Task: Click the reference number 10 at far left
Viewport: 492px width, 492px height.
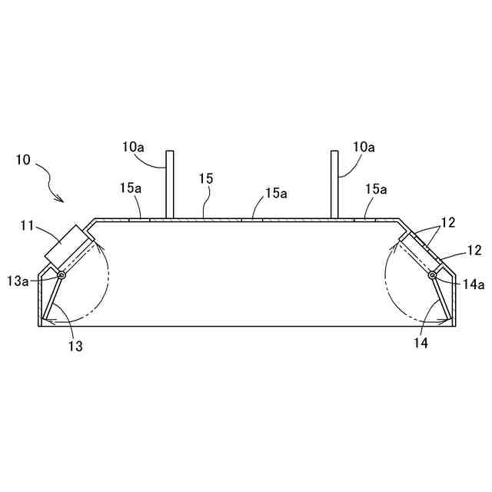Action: click(23, 161)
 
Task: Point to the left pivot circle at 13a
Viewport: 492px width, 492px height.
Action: click(60, 275)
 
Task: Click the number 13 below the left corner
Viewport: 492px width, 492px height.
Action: click(75, 346)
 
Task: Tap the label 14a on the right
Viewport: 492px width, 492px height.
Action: click(474, 284)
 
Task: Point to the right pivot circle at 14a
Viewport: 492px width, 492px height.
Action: click(433, 275)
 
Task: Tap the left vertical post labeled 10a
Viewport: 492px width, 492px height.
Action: click(170, 184)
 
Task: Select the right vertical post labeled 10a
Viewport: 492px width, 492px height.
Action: click(334, 184)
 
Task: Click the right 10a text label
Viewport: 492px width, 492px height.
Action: click(364, 147)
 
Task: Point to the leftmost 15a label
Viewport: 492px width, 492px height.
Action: click(131, 188)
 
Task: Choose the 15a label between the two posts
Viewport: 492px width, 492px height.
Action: click(277, 194)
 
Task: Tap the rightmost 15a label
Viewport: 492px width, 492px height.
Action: click(377, 188)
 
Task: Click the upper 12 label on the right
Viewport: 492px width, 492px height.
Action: click(449, 223)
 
